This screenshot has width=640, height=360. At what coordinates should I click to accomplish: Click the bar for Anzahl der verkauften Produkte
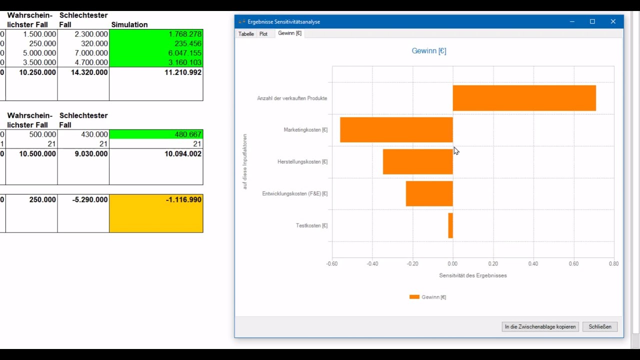click(x=524, y=98)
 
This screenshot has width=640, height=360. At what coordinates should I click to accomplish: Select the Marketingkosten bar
click(x=396, y=129)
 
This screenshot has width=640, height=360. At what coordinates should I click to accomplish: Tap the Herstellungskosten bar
click(x=417, y=161)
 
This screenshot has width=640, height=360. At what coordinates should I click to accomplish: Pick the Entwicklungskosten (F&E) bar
click(x=429, y=193)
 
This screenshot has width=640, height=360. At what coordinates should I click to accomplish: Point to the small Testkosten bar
click(x=450, y=225)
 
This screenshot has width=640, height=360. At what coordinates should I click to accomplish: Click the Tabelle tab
click(x=246, y=34)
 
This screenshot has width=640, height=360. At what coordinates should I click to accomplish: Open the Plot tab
click(x=263, y=34)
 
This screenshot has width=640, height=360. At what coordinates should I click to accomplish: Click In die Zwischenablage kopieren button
click(x=540, y=326)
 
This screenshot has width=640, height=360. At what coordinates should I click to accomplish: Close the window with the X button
click(x=613, y=21)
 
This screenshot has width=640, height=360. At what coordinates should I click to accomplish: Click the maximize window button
click(x=592, y=21)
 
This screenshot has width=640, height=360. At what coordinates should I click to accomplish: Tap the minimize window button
click(x=572, y=21)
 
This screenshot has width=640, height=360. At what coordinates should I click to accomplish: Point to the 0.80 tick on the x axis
click(x=613, y=263)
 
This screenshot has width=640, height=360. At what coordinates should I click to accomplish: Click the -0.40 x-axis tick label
click(x=372, y=263)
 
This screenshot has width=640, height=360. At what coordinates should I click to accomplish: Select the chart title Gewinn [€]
click(x=429, y=51)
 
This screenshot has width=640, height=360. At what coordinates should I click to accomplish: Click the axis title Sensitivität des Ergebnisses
click(x=473, y=275)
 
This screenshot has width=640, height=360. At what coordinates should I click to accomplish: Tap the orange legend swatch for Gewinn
click(x=414, y=297)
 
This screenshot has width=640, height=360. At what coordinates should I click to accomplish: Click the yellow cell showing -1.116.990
click(x=156, y=213)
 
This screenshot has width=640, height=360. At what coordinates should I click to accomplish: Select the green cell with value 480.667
click(x=156, y=134)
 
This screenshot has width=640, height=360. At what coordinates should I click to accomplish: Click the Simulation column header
click(x=129, y=24)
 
